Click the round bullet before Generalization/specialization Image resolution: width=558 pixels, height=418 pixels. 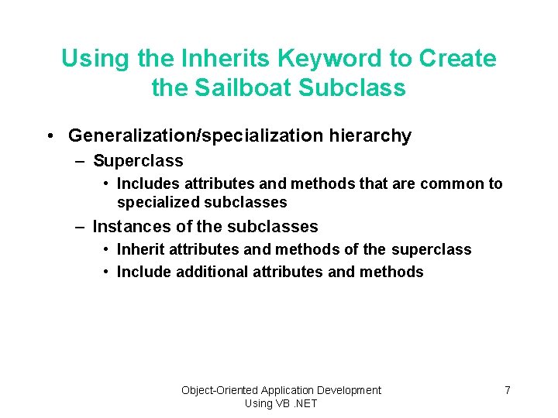click(x=49, y=136)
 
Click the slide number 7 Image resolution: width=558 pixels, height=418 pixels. click(x=508, y=390)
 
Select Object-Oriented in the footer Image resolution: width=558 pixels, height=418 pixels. click(x=219, y=390)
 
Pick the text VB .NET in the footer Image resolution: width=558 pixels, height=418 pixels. click(x=295, y=403)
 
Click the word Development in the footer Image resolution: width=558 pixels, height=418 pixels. click(x=350, y=390)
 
